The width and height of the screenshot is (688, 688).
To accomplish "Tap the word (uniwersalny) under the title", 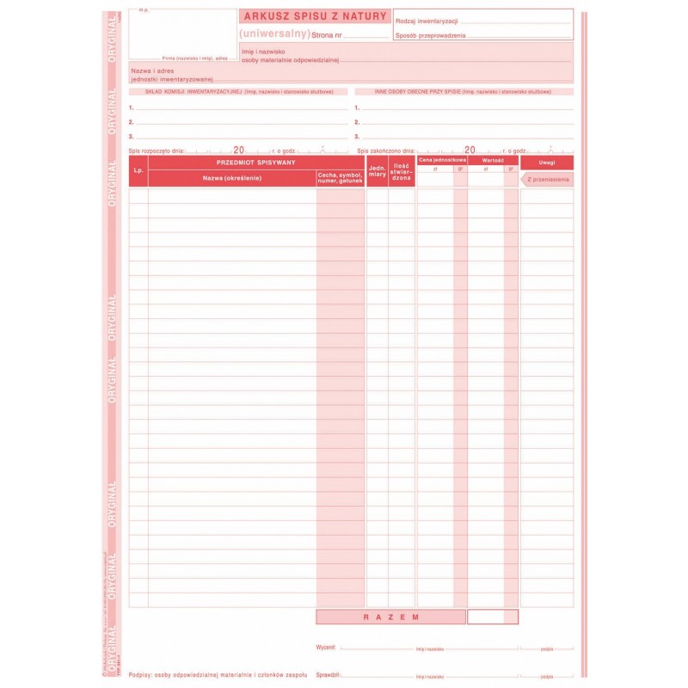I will pos(275,34).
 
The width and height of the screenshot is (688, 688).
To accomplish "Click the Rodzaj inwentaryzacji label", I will pos(427,20).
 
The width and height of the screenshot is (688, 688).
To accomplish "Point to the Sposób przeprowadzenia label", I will pos(431,35).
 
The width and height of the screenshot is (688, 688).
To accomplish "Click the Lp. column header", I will pos(138,170).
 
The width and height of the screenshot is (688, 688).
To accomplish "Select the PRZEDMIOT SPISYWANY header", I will pos(256,162).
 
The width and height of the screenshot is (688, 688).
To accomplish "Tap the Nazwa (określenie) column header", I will pos(232,178).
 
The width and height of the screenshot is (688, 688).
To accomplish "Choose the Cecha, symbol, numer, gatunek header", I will pos(340,178).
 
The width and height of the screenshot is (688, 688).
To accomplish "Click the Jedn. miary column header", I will pos(377,170).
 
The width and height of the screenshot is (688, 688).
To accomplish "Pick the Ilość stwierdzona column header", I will pos(402,170).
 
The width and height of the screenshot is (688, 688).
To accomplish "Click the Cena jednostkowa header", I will pos(442,160).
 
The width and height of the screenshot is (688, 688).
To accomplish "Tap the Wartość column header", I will pos(493,160).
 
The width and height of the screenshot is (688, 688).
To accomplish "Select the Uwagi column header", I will pos(547,162).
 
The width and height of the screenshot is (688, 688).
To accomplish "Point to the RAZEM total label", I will pos(390,617).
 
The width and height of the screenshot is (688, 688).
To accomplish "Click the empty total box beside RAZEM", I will pos(493,617).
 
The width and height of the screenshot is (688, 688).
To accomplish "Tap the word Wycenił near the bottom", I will pos(326,645).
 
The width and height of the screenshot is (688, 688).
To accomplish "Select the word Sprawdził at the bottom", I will pos(328,675).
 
